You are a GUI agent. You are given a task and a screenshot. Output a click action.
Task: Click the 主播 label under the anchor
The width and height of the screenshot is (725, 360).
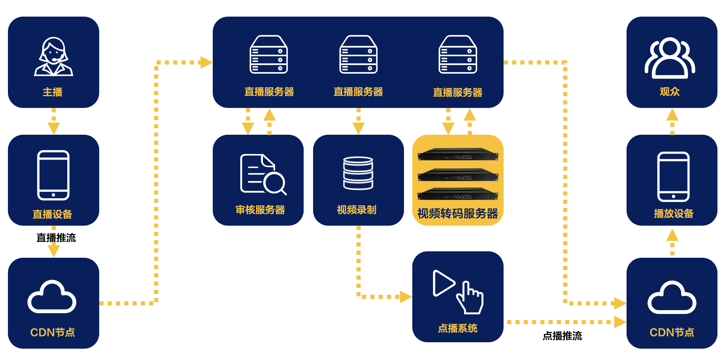coord(52,92)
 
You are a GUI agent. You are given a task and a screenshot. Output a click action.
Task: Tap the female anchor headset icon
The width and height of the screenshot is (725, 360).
coord(54,57)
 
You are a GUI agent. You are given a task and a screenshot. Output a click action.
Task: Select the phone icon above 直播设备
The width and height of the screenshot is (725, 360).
coord(53,175)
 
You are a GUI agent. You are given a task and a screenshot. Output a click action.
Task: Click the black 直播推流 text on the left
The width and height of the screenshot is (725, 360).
coord(56,238)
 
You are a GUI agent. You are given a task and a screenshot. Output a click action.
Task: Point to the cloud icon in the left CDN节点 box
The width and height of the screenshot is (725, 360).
coord(52,297)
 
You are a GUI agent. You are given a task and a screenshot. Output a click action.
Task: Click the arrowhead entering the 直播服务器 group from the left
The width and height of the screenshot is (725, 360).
coord(206,62)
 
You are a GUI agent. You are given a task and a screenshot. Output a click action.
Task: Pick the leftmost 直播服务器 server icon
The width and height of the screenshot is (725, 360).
coord(269,54)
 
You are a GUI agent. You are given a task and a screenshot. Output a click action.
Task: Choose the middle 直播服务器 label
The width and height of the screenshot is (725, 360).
coord(358,92)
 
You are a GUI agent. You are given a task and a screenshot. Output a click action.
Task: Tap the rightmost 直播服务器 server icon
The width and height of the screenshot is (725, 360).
coord(458,54)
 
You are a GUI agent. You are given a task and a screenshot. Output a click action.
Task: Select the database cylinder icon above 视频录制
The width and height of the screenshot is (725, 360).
coord(358,173)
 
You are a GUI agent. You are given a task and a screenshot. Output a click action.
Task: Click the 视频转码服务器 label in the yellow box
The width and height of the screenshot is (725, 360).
coord(458,214)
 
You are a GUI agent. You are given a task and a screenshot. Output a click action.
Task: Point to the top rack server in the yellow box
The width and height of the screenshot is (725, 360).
coord(458,154)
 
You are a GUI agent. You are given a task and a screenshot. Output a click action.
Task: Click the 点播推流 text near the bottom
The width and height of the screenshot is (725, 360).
coord(562,336)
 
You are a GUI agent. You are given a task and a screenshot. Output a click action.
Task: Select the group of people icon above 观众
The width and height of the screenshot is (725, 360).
coord(670,57)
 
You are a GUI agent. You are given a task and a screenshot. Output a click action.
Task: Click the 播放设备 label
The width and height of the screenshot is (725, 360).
coord(674,214)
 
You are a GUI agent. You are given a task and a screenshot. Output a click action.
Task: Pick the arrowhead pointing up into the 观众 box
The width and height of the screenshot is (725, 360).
coord(672,114)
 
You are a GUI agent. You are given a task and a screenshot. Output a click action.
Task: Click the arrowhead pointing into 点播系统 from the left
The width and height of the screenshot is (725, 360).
coord(406,297)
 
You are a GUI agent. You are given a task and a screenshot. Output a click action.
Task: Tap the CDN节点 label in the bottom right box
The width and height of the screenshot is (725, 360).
coord(672,332)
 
